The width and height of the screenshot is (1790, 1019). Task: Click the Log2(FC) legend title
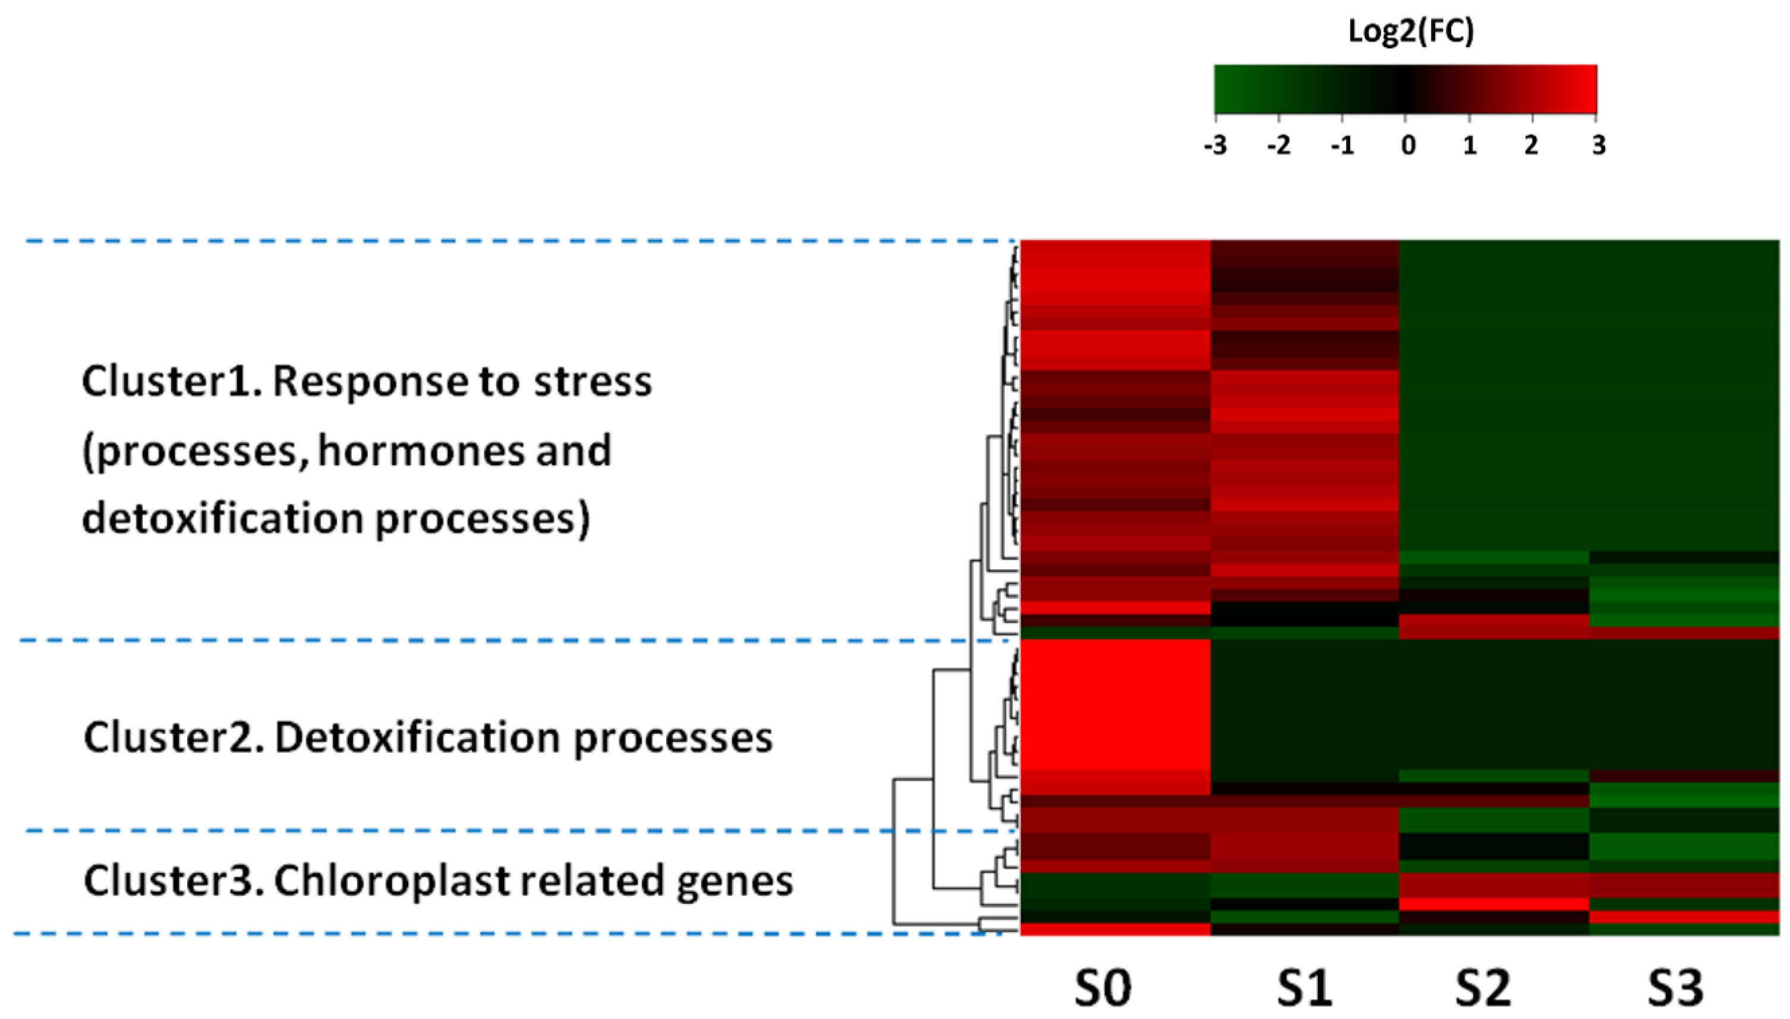pos(1411,31)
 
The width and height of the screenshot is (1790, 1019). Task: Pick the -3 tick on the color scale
pos(1215,146)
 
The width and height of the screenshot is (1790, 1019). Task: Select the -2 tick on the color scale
pos(1279,146)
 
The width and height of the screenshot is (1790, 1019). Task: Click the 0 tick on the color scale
pos(1408,146)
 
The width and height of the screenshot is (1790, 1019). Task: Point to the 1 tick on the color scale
pos(1470,146)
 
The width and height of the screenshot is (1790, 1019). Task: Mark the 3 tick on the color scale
pos(1598,146)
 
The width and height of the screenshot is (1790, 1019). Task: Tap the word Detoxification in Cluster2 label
pos(418,737)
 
